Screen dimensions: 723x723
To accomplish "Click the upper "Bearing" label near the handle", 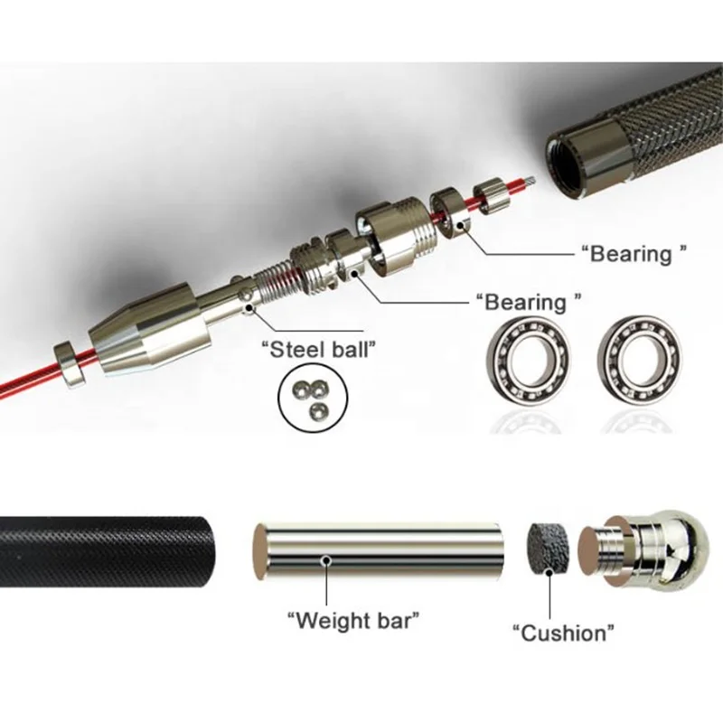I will pyautogui.click(x=631, y=254).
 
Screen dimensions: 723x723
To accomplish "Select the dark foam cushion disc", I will pyautogui.click(x=549, y=545).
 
